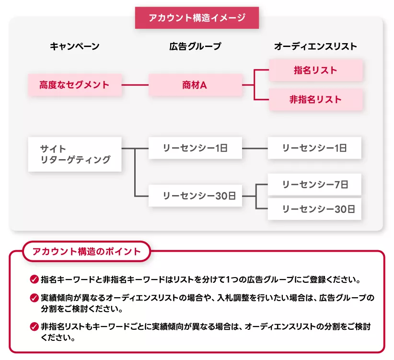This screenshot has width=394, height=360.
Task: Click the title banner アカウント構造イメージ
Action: coord(197,18)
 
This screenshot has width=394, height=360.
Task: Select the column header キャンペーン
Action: coord(75,46)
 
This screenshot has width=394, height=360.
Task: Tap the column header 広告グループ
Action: coord(195,46)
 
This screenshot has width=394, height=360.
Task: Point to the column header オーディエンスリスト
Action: coord(315,46)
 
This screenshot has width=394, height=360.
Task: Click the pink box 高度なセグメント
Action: coord(74,85)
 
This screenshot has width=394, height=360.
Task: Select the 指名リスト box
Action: coord(315,70)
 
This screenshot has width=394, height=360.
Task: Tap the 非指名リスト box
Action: coord(315,100)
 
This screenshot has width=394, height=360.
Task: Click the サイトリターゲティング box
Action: coord(75,154)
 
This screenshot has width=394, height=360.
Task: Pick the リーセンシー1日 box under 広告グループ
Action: coord(195,148)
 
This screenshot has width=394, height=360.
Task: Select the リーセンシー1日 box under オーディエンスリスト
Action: coord(314,148)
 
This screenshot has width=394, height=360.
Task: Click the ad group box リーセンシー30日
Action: coord(195,196)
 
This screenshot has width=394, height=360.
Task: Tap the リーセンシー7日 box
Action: coord(314,185)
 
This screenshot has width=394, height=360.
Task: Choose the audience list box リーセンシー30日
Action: coord(314,209)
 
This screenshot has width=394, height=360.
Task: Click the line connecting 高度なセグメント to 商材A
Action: coord(135,85)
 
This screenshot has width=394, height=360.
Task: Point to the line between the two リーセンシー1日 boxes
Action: coord(255,148)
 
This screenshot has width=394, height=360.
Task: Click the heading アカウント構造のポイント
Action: coord(87,251)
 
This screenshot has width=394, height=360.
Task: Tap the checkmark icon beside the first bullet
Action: coord(34,279)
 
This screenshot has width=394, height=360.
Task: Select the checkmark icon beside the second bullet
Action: coord(34,298)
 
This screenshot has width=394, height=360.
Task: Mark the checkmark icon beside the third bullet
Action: coord(34,326)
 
